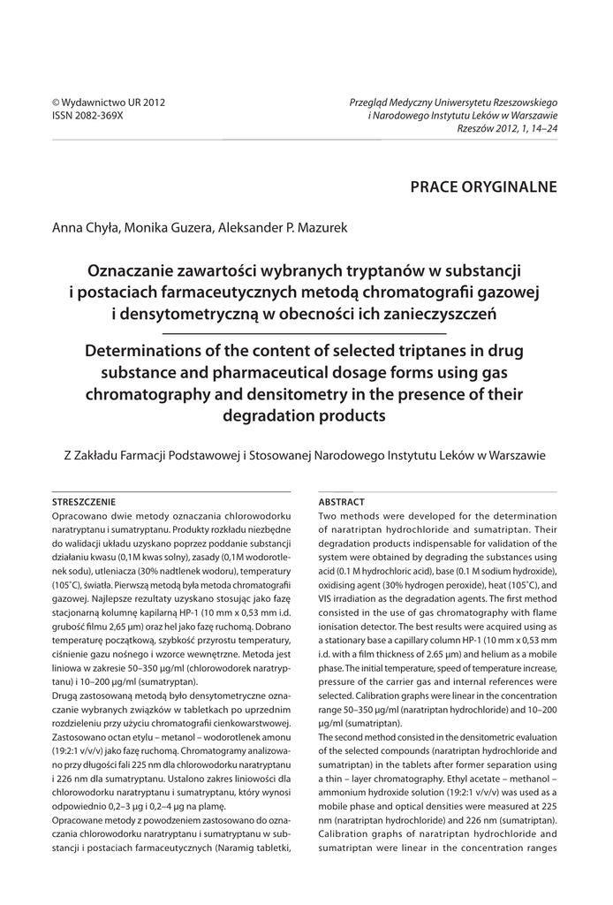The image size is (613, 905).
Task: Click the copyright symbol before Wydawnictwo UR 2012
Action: point(57,103)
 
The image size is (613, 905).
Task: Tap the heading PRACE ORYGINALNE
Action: point(484,186)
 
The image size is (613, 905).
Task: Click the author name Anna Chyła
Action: point(85,228)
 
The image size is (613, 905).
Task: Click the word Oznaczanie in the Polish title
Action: point(136,269)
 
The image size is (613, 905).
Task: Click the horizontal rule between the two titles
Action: point(306,333)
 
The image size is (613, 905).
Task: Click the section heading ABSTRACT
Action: point(341,501)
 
